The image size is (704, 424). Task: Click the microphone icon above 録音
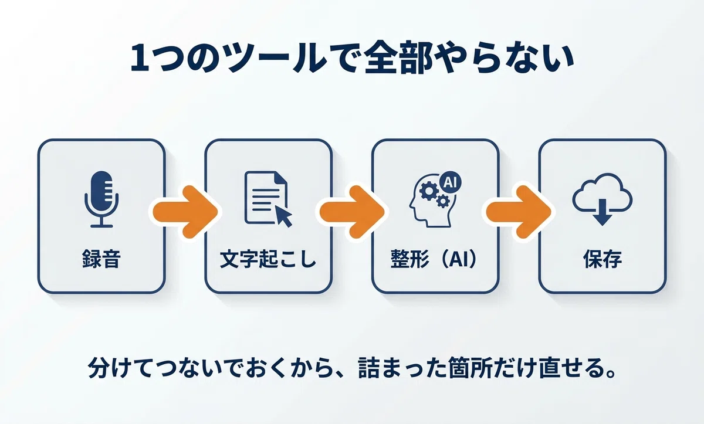(x=101, y=199)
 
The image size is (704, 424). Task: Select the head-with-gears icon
(x=435, y=199)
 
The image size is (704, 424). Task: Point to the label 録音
(x=101, y=259)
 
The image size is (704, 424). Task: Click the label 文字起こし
(x=268, y=259)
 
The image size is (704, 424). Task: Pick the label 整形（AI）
(x=435, y=259)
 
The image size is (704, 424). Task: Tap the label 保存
(x=603, y=259)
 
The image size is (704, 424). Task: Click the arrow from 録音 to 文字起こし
(x=185, y=212)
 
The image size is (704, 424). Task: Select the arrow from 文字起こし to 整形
(x=353, y=212)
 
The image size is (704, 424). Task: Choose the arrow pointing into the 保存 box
(x=519, y=212)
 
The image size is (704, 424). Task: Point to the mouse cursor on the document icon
(x=284, y=216)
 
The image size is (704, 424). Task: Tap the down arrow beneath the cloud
(x=602, y=212)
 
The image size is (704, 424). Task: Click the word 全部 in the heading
(x=397, y=59)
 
